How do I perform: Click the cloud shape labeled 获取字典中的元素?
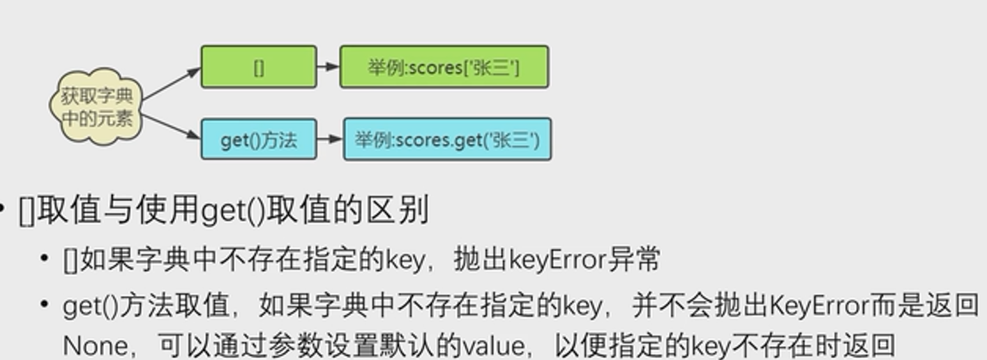96,107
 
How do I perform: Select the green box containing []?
259,67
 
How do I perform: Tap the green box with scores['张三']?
444,67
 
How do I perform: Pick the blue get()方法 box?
259,140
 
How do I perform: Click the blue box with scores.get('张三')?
447,140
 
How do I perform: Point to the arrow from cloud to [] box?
170,85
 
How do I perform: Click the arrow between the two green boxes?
328,67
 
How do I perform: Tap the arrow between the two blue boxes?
329,140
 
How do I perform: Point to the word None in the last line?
95,345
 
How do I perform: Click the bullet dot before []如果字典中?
45,260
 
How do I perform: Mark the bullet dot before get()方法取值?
45,306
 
